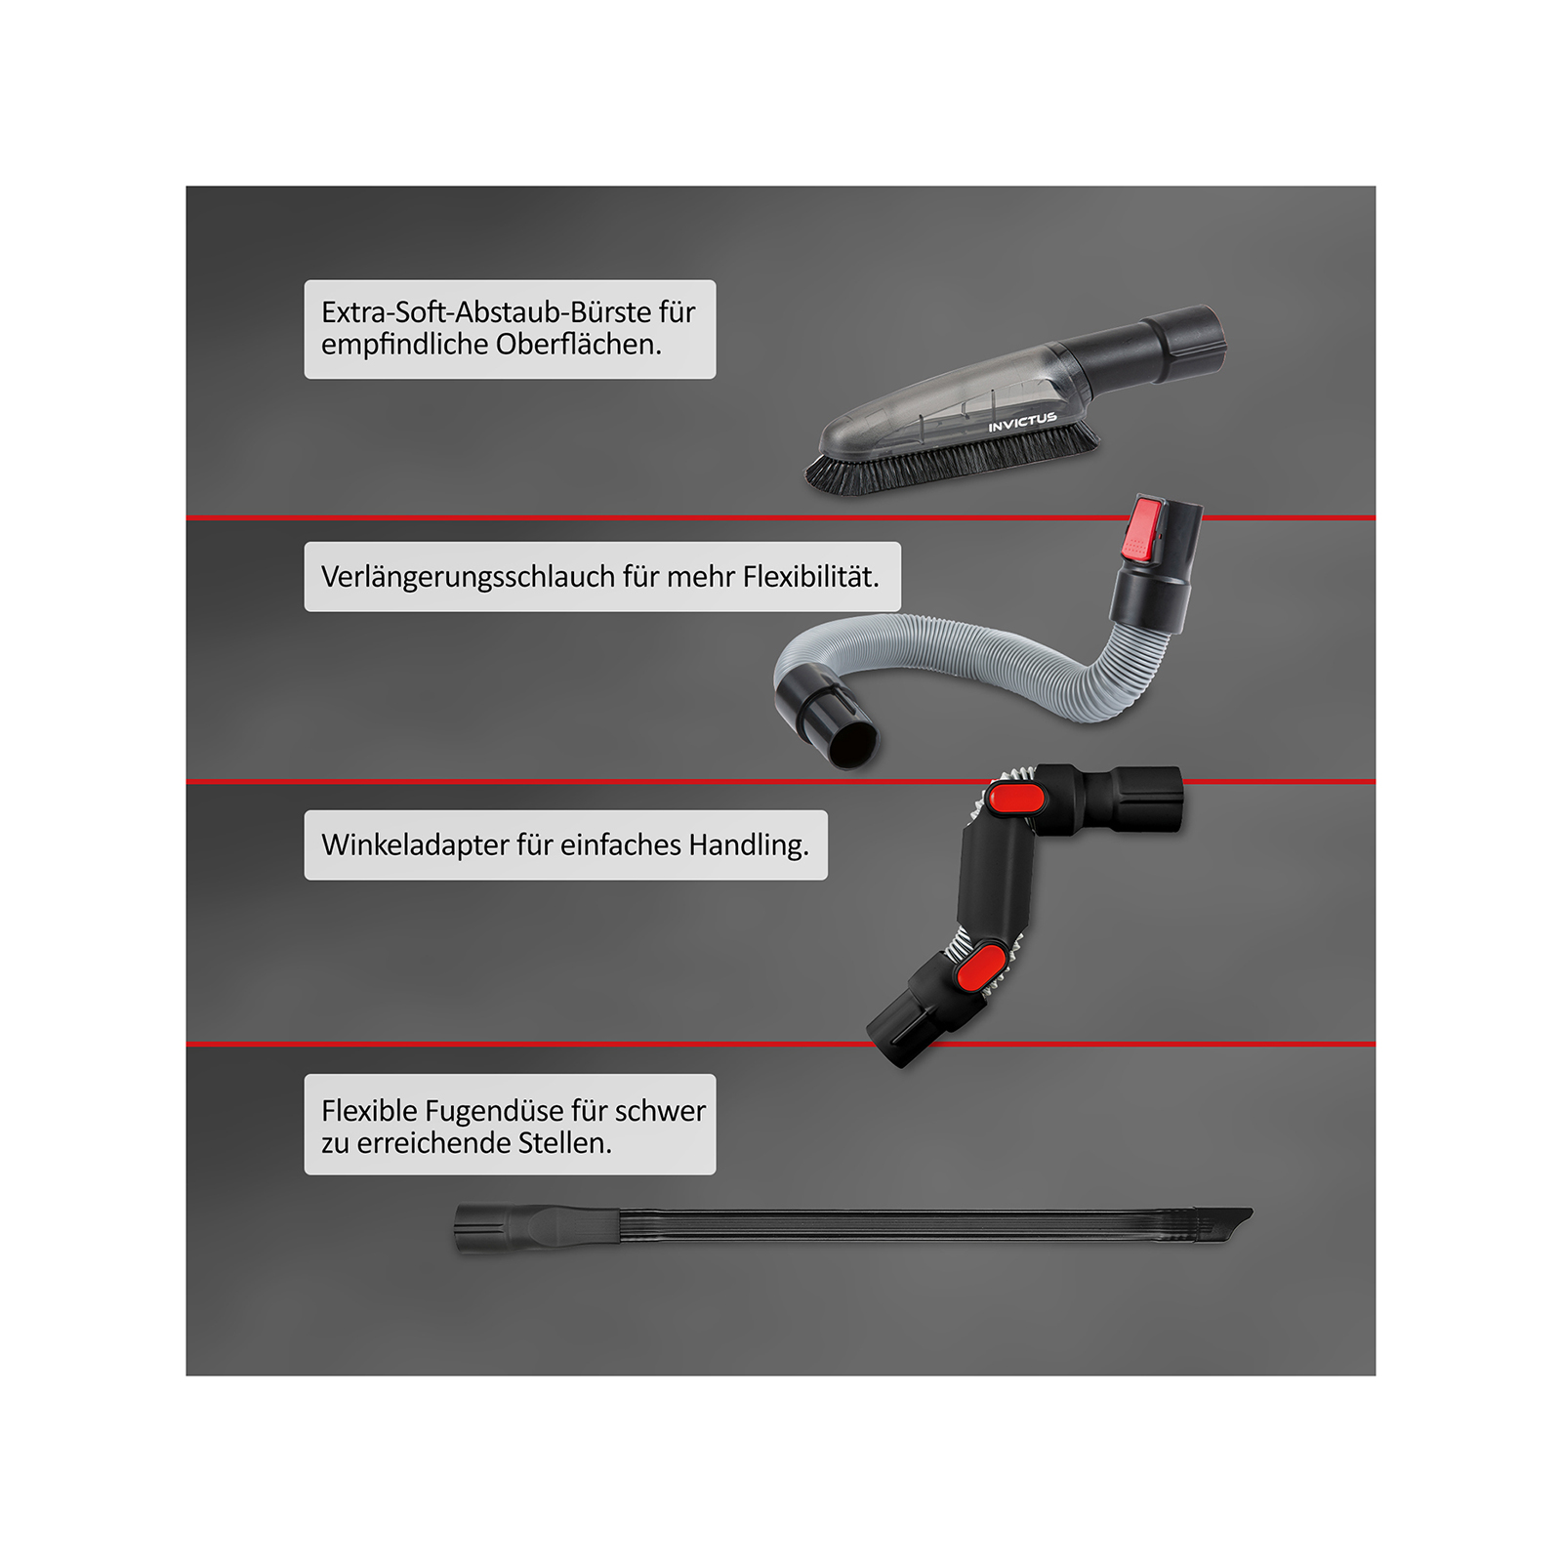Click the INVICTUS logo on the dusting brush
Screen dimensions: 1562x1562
[1022, 422]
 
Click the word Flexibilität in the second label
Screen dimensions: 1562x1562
[810, 576]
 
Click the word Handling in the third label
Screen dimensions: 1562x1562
[749, 845]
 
